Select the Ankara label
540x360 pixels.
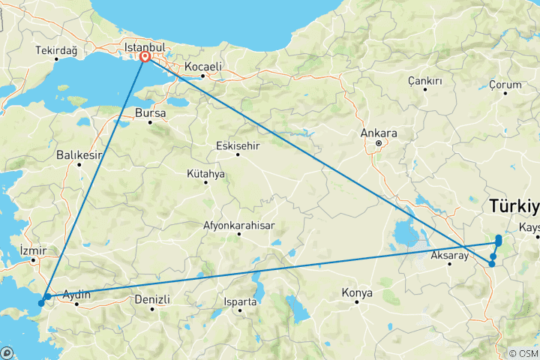coord(378,133)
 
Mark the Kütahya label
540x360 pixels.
coord(205,173)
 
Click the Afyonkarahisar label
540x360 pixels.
coord(239,225)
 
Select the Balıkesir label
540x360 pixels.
coord(79,155)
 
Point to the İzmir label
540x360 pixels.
coord(34,250)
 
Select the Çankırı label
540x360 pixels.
coord(424,80)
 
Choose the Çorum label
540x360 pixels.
coord(504,85)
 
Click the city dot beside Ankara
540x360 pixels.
coord(379,142)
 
